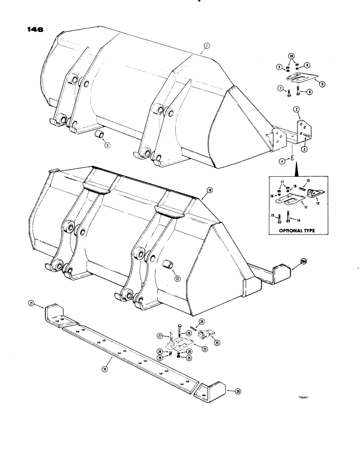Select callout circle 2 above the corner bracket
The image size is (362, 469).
pyautogui.click(x=296, y=109)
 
